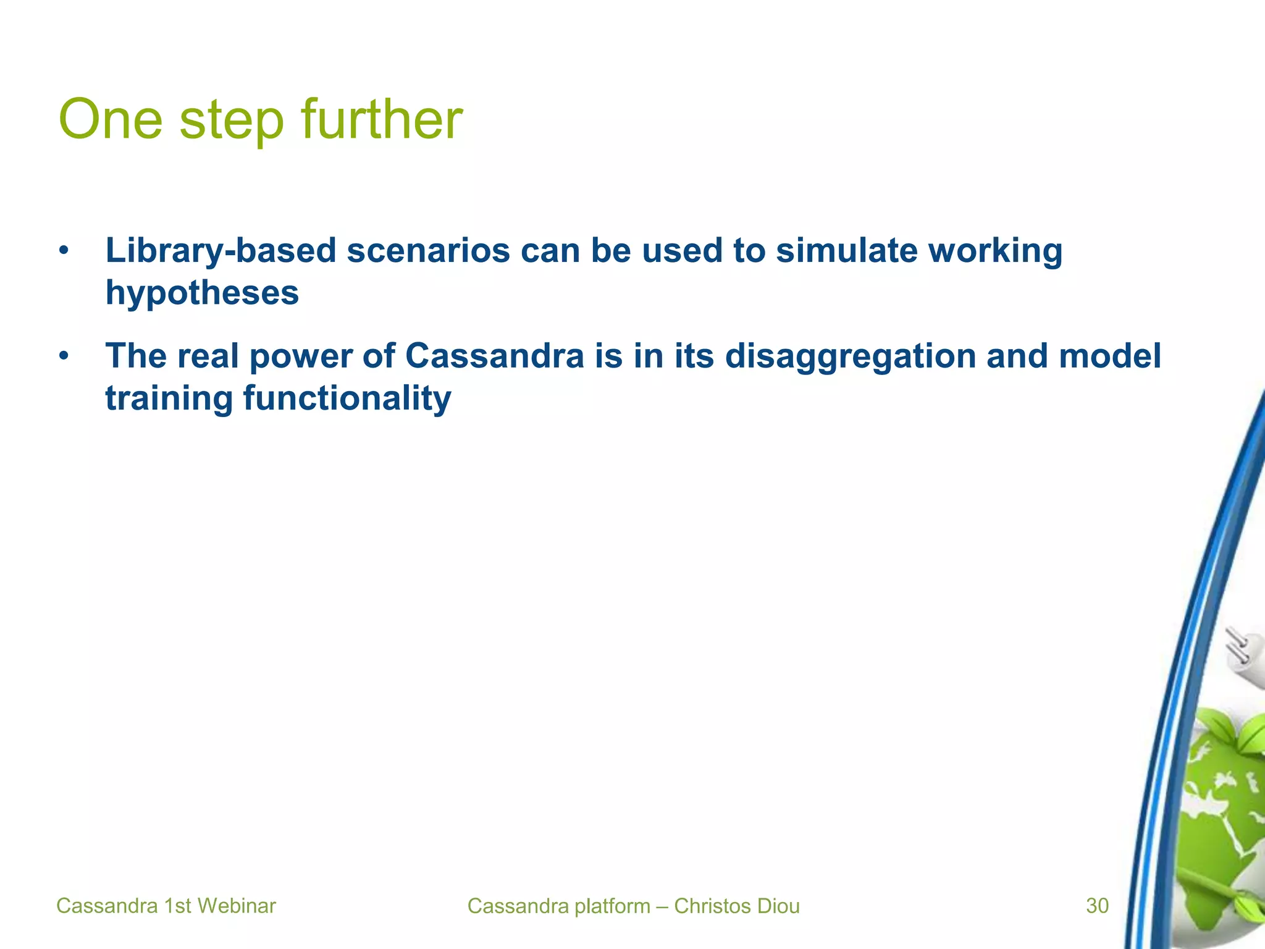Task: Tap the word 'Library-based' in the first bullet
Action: (x=221, y=251)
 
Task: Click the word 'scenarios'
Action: (x=428, y=251)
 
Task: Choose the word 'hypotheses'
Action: (x=202, y=293)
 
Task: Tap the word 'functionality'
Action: (x=347, y=399)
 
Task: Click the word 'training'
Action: (x=169, y=399)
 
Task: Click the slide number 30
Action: (x=1097, y=906)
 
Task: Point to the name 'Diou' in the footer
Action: (x=780, y=906)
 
